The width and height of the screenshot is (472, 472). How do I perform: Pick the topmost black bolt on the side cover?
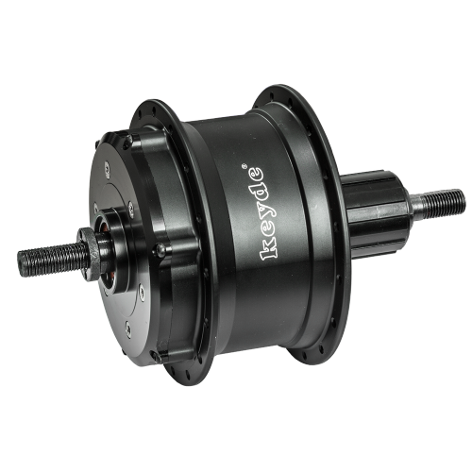[127, 141]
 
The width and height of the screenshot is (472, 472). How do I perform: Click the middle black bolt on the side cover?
[160, 250]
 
